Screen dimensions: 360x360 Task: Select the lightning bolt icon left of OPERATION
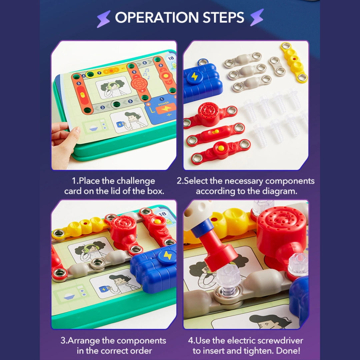pyautogui.click(x=104, y=18)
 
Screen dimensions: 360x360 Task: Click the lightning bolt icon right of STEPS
pyautogui.click(x=257, y=17)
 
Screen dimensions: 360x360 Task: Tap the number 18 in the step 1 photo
pyautogui.click(x=171, y=58)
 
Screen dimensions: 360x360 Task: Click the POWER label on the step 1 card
pyautogui.click(x=164, y=104)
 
